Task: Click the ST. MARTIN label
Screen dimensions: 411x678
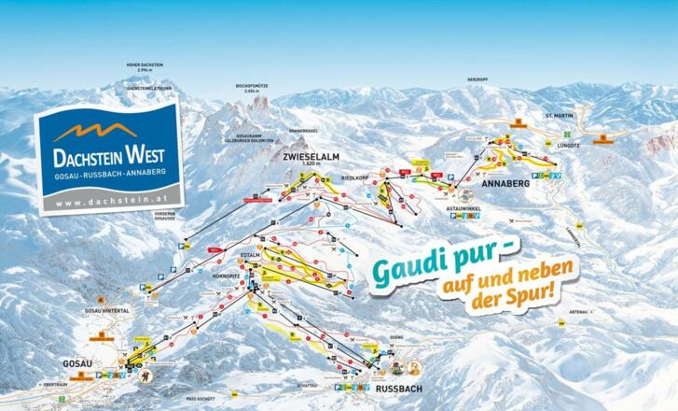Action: [558, 115]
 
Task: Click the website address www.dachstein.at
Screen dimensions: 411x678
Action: [104, 201]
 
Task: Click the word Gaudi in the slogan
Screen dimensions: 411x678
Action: [408, 265]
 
